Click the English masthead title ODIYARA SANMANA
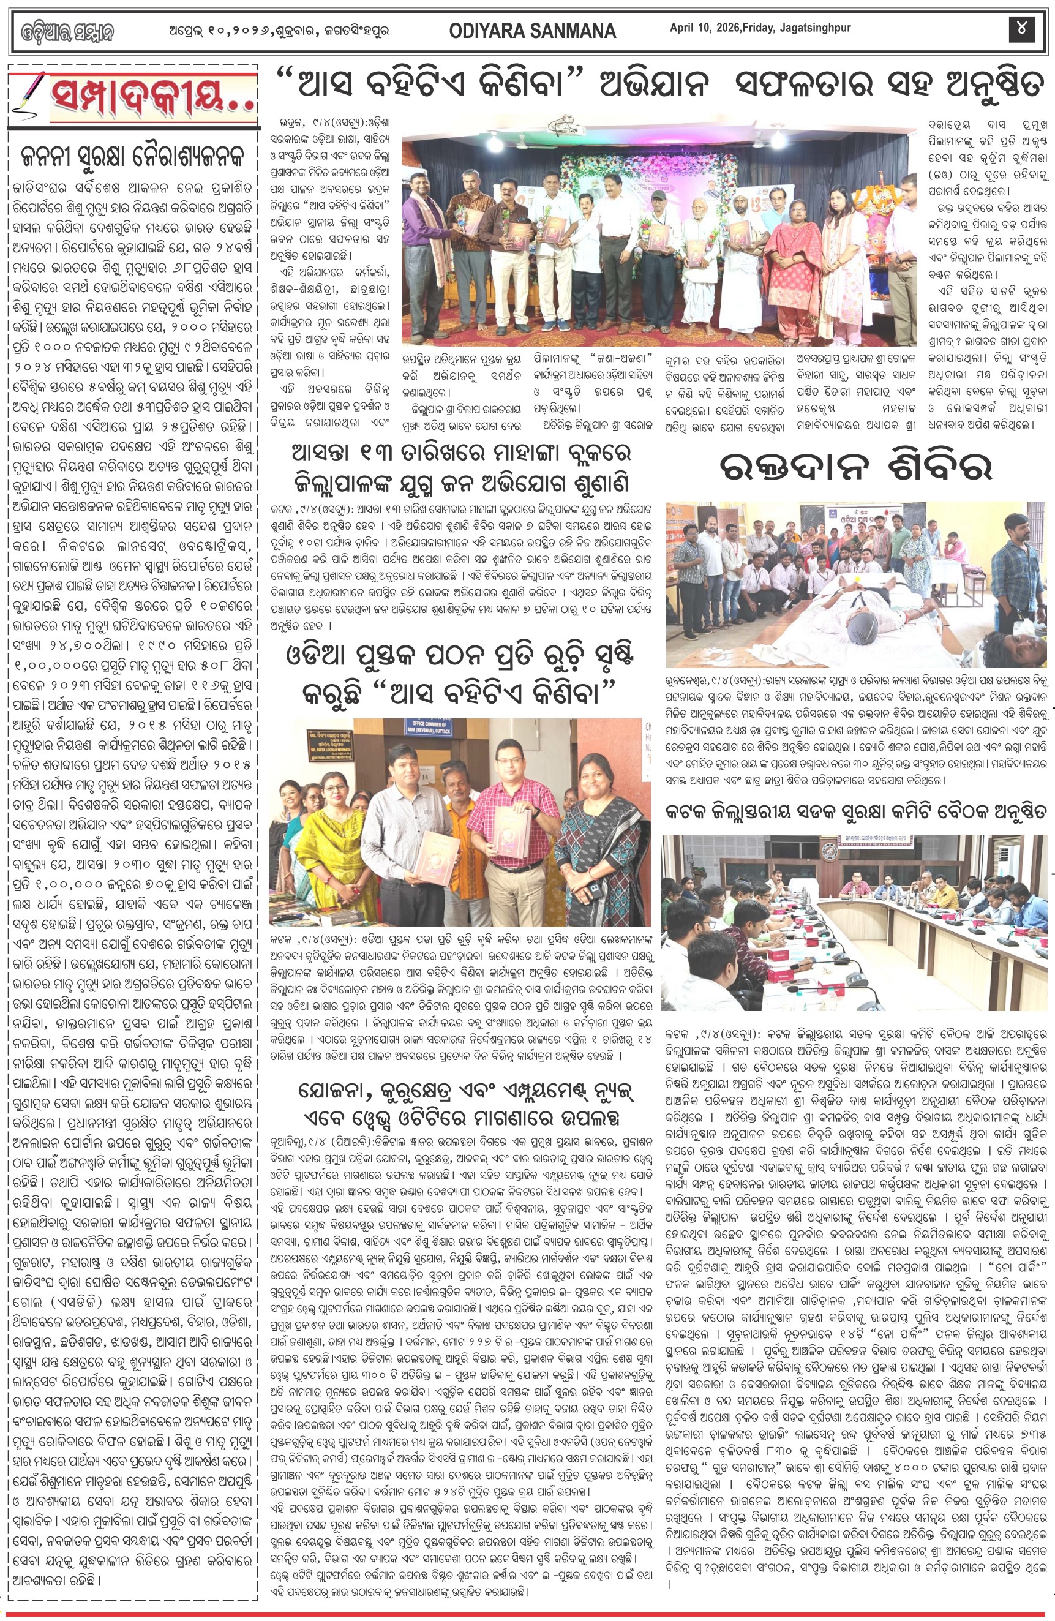(x=533, y=30)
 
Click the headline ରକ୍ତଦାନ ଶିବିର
(x=856, y=468)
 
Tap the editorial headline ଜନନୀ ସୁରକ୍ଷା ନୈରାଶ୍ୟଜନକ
(x=133, y=158)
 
